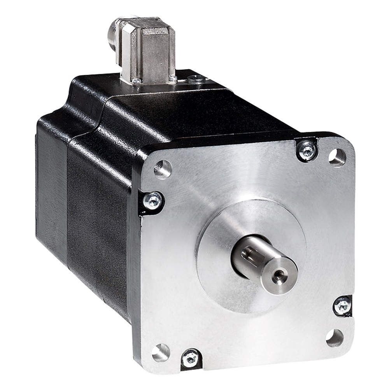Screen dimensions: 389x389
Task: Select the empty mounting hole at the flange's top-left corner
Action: (163, 168)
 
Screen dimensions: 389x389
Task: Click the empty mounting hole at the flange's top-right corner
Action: (337, 157)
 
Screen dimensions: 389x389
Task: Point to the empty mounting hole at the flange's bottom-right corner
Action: (335, 337)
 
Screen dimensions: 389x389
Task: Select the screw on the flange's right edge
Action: (343, 304)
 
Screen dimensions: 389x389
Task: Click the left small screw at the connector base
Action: (137, 81)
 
